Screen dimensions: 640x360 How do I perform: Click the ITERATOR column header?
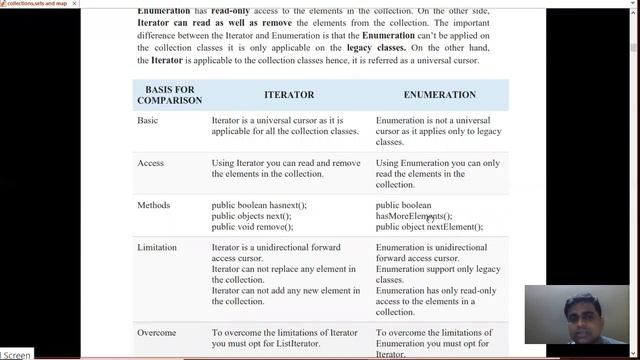click(x=288, y=95)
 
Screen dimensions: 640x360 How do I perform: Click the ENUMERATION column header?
click(x=439, y=95)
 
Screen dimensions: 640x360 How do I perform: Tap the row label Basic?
click(x=147, y=121)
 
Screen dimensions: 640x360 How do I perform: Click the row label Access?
click(x=150, y=163)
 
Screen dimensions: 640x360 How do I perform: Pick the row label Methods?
click(x=153, y=205)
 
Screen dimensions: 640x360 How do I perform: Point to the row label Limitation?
click(x=157, y=247)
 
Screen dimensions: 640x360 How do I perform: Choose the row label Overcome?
click(x=158, y=332)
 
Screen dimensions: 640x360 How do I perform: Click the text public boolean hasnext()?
click(x=259, y=205)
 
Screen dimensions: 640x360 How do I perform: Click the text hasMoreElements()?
click(x=413, y=216)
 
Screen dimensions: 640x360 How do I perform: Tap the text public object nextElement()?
click(x=436, y=227)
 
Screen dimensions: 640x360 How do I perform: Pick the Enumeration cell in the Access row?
click(x=437, y=174)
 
